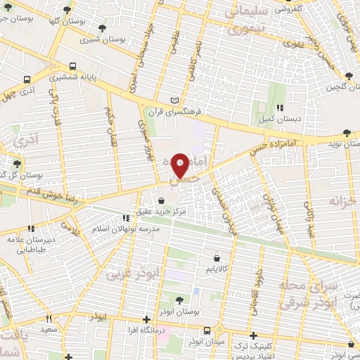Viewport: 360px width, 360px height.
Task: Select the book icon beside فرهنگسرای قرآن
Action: [175, 101]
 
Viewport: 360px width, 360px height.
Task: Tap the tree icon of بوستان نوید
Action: [347, 132]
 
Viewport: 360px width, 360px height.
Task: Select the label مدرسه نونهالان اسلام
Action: [131, 229]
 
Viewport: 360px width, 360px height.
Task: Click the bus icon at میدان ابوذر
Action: [207, 330]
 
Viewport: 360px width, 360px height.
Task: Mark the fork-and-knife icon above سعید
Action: [49, 318]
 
